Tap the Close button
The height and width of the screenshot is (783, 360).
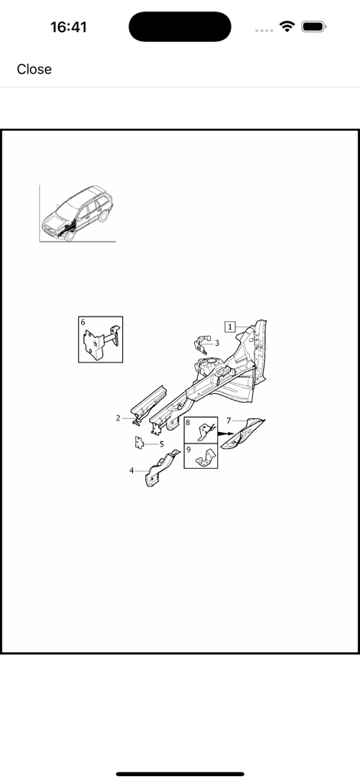coord(34,70)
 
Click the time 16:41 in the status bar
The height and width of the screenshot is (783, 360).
coord(69,28)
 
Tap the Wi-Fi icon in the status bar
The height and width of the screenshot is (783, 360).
coord(287,27)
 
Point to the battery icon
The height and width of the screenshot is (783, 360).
coord(313,27)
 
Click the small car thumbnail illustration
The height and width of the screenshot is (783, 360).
coord(76,213)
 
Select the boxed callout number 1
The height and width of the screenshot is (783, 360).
coord(230,327)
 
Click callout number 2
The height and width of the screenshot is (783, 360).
coord(118,418)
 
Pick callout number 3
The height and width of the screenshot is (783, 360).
coord(217,343)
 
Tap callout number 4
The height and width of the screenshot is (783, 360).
coord(131,471)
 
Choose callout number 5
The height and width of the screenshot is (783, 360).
coord(161,443)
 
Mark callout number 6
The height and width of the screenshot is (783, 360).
coord(83,323)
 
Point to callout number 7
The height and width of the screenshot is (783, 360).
coord(228,421)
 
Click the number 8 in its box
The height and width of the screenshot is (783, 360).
coord(188,422)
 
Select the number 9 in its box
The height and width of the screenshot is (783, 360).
coord(188,450)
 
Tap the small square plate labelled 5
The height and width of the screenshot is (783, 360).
coord(141,442)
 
